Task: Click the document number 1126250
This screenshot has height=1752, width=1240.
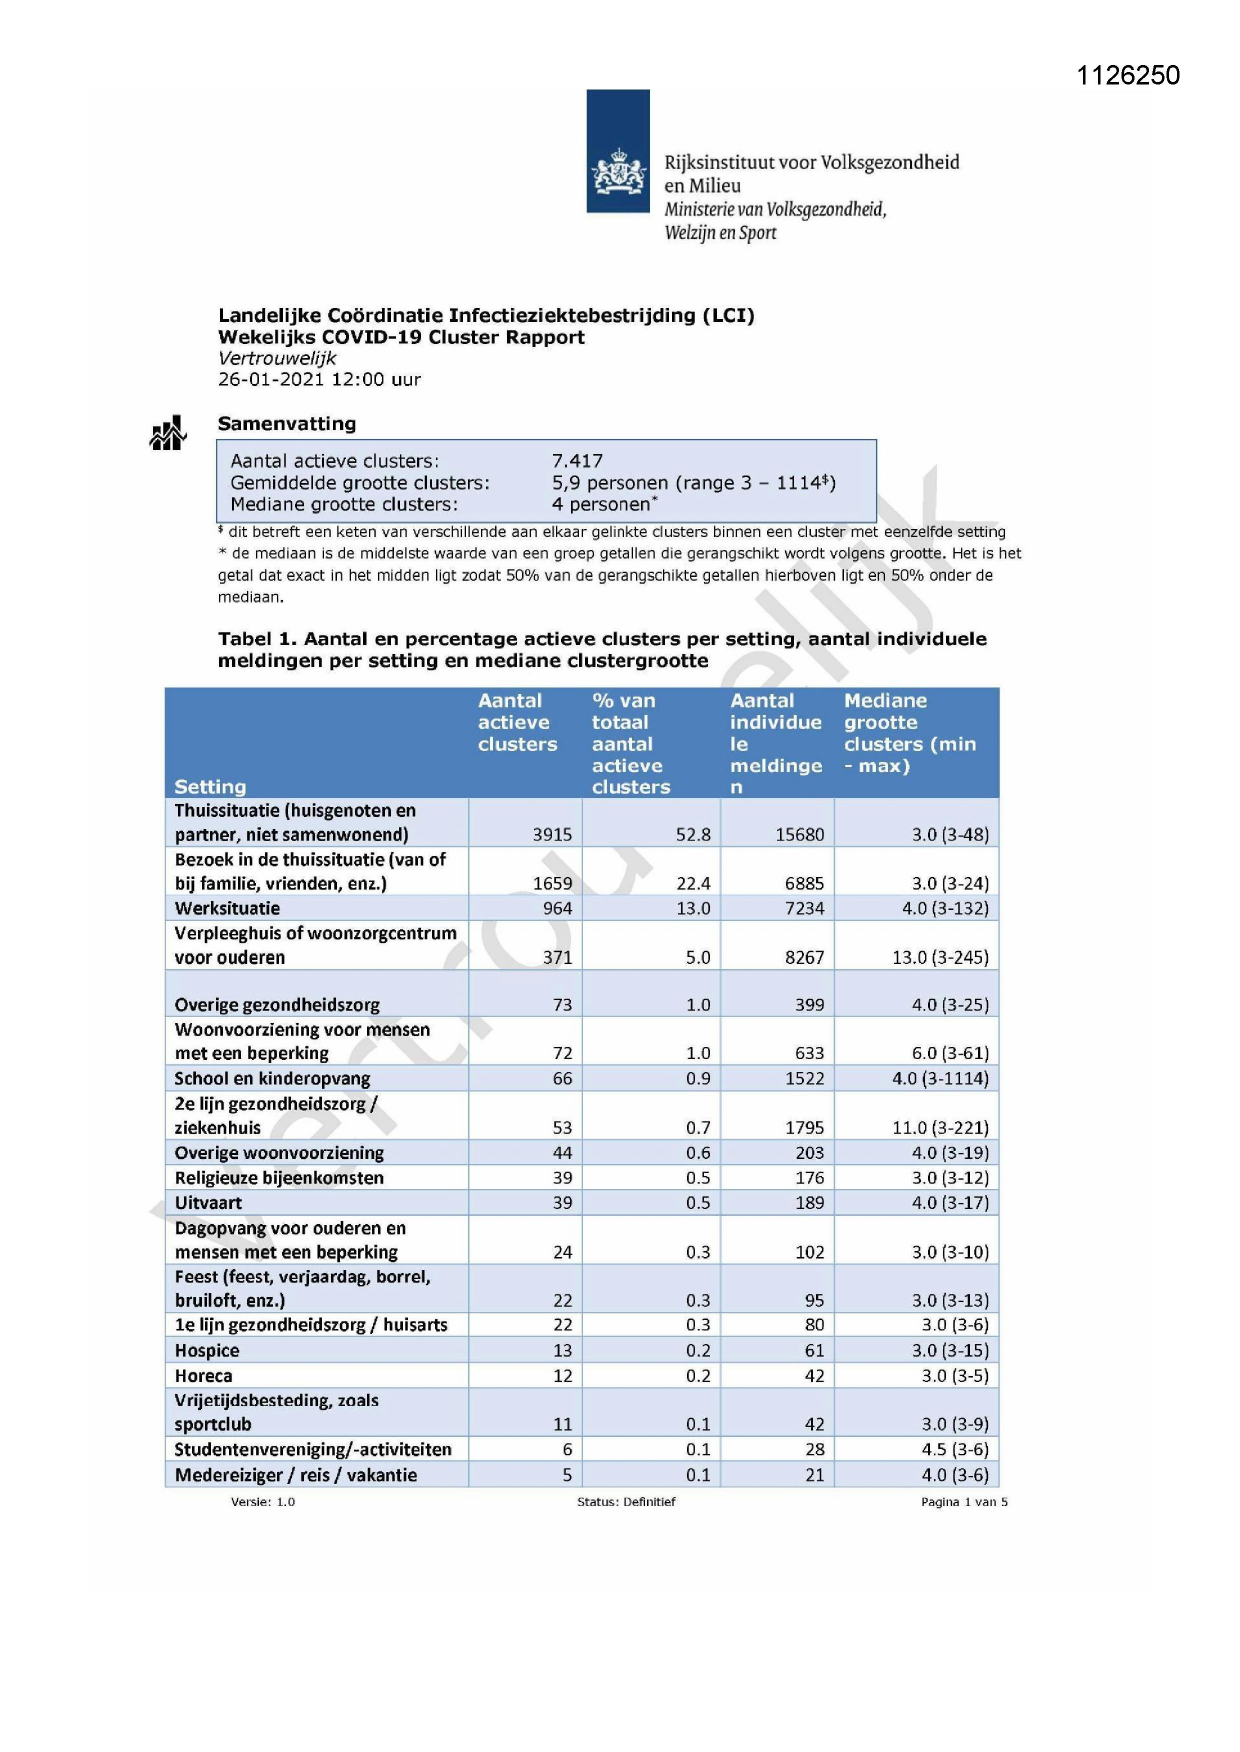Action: [1128, 76]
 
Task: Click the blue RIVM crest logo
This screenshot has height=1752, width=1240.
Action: [618, 152]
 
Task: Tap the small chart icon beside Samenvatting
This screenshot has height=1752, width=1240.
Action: [168, 434]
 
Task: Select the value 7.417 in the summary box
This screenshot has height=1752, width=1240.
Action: [577, 461]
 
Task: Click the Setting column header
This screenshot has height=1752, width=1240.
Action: [210, 787]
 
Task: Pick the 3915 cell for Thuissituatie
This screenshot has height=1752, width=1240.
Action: [552, 834]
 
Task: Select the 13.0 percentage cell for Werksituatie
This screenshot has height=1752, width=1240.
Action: [693, 908]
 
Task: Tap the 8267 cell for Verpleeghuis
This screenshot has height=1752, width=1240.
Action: [804, 957]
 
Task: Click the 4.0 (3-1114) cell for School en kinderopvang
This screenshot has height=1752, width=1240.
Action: [940, 1079]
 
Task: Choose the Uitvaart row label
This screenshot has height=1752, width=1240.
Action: [208, 1203]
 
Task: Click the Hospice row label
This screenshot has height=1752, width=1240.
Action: [207, 1351]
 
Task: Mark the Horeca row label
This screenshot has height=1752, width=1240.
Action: [203, 1376]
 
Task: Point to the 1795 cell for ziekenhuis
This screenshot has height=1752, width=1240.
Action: [804, 1128]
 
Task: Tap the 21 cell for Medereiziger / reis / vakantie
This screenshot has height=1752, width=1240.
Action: [815, 1475]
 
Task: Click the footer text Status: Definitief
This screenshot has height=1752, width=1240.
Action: [625, 1502]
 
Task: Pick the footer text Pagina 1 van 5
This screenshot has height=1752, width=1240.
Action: [964, 1502]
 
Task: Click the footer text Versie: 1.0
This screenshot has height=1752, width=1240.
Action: [263, 1502]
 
